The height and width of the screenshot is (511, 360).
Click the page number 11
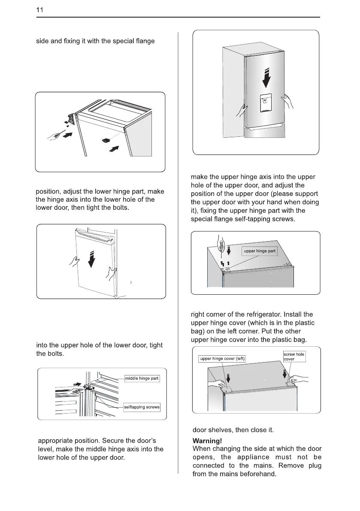[x=40, y=9]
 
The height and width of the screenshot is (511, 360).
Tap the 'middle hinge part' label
[x=142, y=378]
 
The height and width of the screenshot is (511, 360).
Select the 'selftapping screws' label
[x=142, y=407]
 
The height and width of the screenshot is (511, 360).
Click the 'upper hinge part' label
[x=260, y=251]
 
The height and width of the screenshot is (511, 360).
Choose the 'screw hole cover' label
[x=294, y=357]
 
